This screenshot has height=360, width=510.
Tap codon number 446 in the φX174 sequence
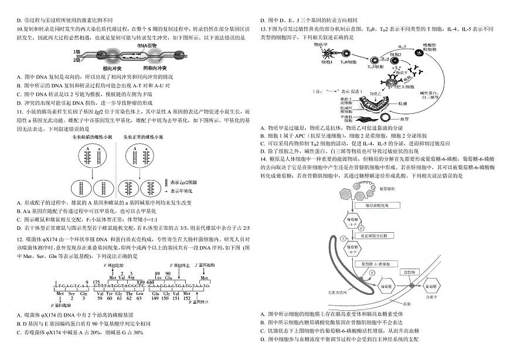(150, 282)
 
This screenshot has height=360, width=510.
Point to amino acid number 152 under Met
(186, 298)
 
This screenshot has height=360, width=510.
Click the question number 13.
(264, 29)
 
